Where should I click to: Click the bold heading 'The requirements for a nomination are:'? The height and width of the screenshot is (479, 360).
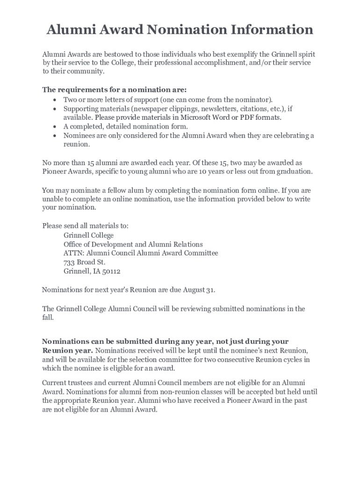(x=115, y=90)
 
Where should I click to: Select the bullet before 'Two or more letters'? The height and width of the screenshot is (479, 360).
(x=55, y=100)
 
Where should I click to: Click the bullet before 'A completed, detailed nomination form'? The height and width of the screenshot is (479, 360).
(x=55, y=126)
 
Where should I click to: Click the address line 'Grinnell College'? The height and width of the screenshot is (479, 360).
(x=88, y=235)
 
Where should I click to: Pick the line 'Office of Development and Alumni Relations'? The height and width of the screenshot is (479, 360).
(x=133, y=244)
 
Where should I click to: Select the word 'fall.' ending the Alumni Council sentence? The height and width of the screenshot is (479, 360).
(x=48, y=317)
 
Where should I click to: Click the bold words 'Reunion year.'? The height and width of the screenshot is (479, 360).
(x=67, y=351)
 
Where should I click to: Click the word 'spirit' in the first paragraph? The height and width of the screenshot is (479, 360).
(x=305, y=54)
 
